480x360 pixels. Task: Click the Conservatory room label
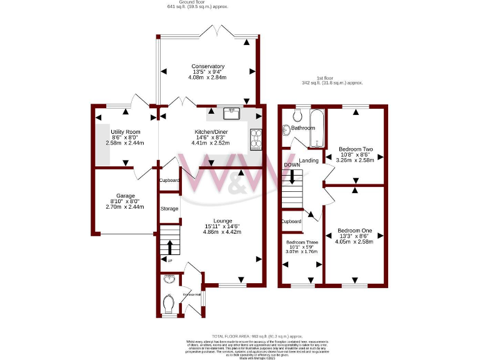point(208,66)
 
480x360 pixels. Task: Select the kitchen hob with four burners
point(256,140)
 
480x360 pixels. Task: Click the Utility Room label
point(125,132)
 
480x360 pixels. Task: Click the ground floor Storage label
point(169,209)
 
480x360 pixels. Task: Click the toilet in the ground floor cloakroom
point(167,304)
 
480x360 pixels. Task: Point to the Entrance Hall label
point(191,295)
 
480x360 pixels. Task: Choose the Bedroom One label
point(354,231)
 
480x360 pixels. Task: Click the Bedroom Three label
point(302,242)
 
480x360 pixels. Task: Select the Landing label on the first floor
point(309,161)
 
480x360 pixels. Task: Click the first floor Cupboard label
point(291,221)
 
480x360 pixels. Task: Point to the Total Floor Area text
point(256,336)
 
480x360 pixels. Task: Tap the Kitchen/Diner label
point(210,132)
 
